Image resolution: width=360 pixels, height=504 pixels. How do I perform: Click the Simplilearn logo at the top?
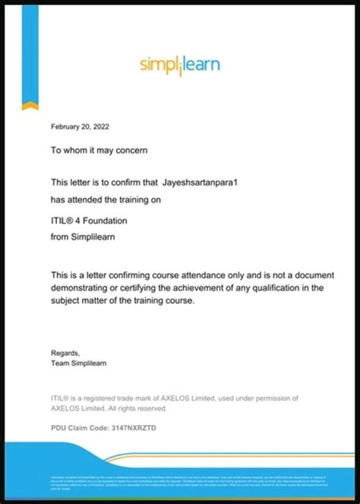[x=180, y=64]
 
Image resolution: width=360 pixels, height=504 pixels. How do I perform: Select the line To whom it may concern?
[x=99, y=151]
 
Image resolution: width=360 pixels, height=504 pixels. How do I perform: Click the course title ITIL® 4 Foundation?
[x=89, y=220]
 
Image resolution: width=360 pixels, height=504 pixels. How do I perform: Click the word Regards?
[x=65, y=353]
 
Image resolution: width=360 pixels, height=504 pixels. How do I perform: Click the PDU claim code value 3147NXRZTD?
[x=134, y=428]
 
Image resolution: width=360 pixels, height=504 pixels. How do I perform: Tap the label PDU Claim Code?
[x=80, y=428]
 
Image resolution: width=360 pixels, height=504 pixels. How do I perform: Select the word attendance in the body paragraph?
[x=197, y=274]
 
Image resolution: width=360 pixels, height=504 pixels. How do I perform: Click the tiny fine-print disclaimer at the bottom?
[x=180, y=481]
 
